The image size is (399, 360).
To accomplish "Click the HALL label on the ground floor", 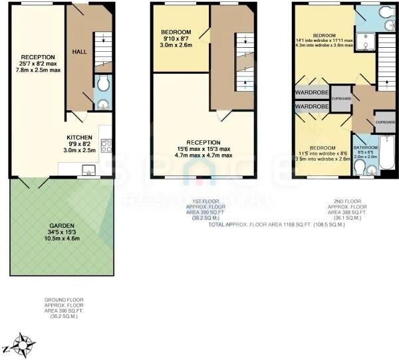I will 80,51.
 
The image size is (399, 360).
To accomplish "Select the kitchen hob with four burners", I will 106,145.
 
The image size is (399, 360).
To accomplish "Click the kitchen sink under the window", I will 86,171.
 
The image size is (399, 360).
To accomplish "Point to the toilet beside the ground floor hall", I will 101,85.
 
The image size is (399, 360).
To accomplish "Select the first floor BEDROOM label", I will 176,33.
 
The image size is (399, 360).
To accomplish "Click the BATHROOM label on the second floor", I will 365,147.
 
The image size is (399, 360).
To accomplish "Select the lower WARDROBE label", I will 312,106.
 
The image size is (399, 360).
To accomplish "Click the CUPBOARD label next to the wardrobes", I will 340,98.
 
